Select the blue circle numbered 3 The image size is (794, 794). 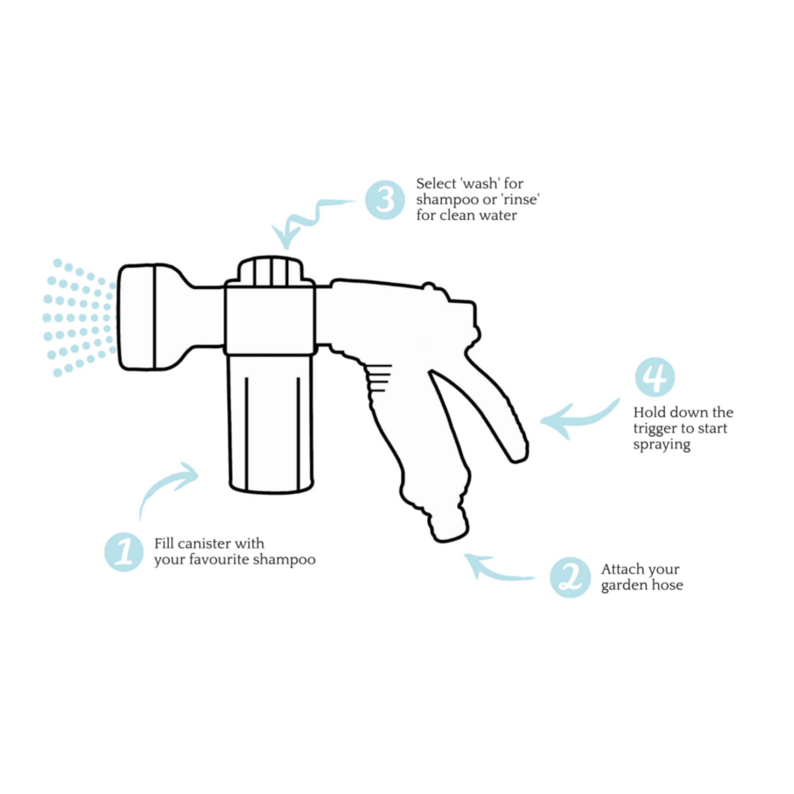click(x=385, y=200)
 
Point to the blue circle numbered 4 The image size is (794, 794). click(x=655, y=377)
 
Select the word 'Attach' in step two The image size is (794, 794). click(x=619, y=569)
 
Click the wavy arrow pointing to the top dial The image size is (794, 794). click(x=308, y=220)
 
